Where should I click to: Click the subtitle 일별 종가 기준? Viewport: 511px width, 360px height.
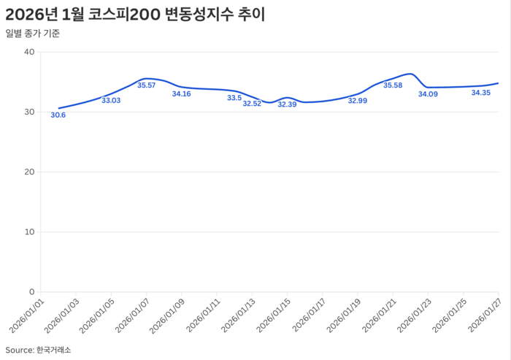34,34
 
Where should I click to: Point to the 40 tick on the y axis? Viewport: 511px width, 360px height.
30,52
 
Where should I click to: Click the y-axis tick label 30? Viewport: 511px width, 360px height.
30,112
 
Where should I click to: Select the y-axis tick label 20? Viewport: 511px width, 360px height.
30,172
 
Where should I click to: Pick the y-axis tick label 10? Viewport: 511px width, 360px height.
30,231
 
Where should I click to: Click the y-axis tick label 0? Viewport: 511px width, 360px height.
32,291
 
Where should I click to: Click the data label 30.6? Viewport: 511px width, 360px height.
58,115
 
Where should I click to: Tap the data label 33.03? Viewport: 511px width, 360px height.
111,100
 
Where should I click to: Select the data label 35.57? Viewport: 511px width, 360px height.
147,85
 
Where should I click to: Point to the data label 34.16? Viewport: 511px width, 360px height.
181,94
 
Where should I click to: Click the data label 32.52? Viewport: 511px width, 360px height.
252,104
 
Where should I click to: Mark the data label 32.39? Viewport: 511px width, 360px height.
287,104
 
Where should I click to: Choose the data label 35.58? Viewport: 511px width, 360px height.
393,85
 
